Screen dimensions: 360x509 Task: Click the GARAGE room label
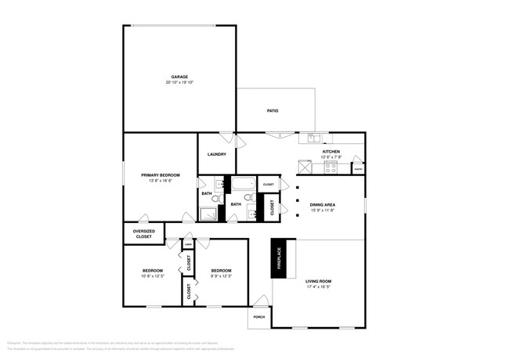179,77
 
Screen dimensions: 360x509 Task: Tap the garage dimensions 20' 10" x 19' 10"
179,82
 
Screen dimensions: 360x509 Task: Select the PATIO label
273,110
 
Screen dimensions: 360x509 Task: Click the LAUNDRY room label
217,154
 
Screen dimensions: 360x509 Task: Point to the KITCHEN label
331,151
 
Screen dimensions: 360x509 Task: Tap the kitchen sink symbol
312,139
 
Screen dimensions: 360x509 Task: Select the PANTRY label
358,169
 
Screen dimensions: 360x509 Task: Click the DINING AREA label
323,204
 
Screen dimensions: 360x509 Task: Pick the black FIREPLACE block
278,258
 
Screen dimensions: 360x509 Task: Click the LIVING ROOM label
319,281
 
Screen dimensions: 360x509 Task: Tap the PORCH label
258,318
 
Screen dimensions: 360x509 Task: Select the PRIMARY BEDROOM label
161,175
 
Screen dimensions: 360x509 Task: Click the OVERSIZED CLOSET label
143,233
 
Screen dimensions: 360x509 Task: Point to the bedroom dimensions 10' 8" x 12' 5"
153,276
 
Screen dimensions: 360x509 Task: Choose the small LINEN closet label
188,245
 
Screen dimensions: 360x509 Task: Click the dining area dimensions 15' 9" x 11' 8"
323,210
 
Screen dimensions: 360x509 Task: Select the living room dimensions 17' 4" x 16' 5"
319,286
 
